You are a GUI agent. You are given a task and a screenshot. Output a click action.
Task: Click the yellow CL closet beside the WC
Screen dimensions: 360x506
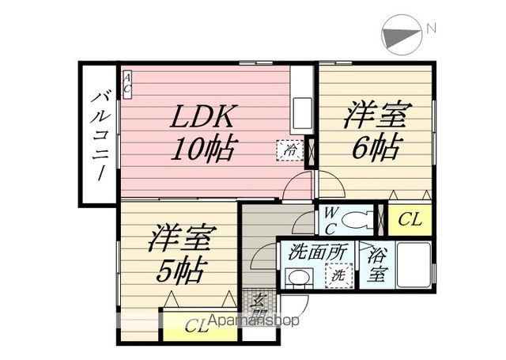tap(408, 220)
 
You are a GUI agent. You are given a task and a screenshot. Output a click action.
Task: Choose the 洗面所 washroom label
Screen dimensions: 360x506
tap(317, 253)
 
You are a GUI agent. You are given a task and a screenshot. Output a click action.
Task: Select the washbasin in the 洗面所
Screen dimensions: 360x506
tap(298, 278)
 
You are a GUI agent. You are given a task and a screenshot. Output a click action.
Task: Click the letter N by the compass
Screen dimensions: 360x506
tap(431, 28)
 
